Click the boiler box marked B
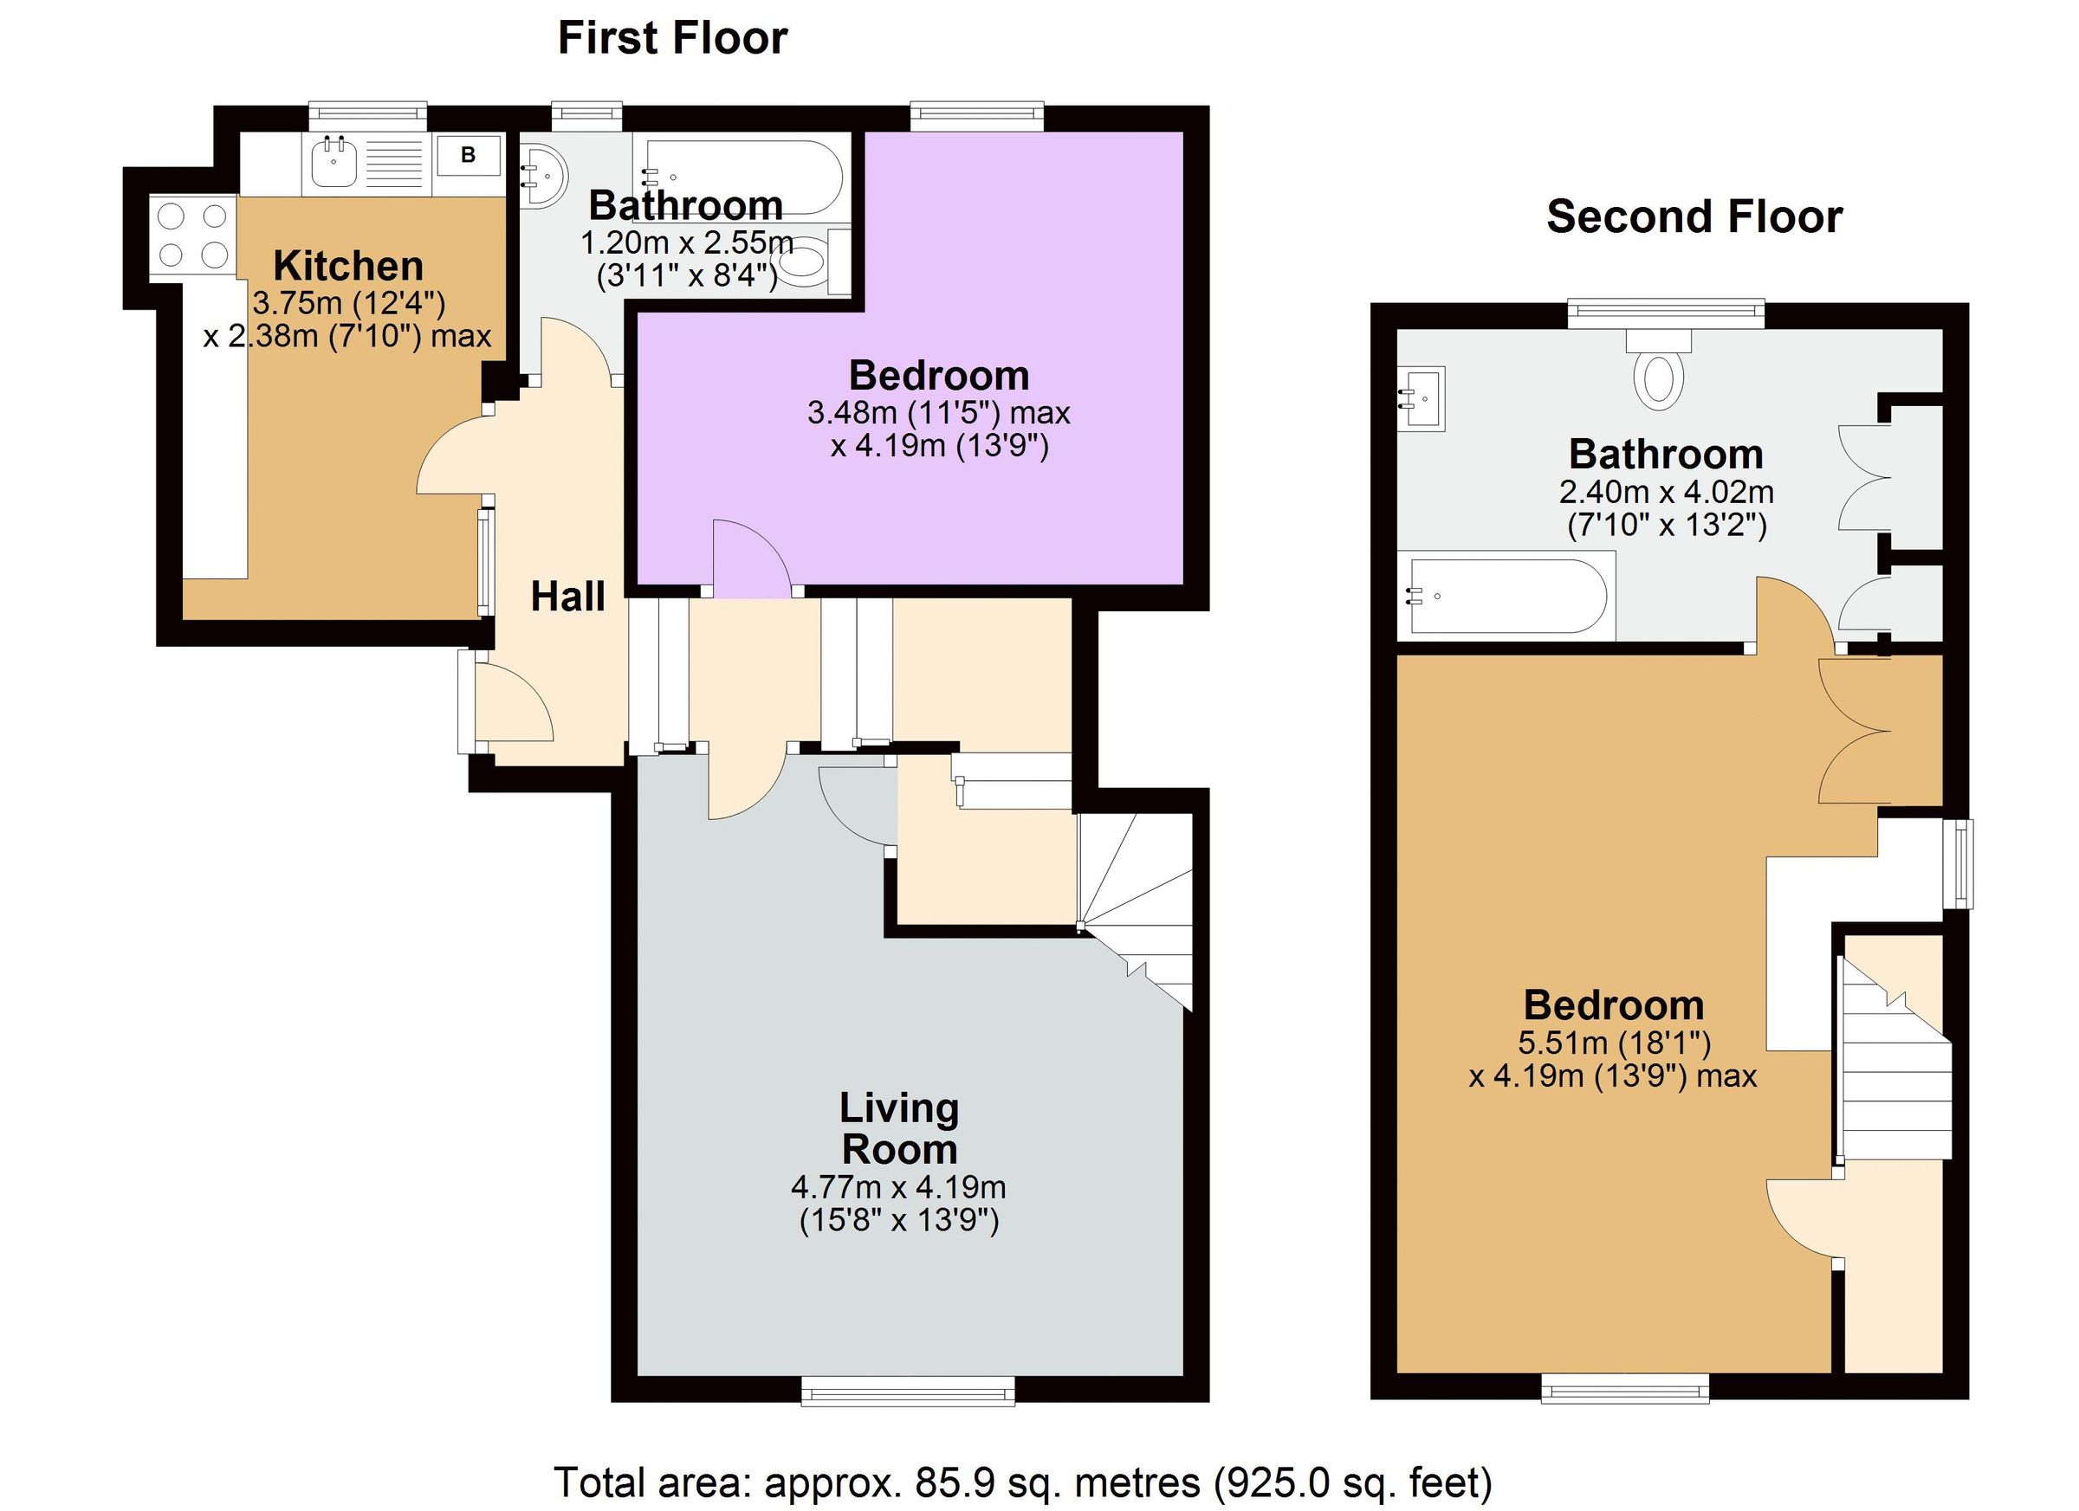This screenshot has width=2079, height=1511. click(468, 155)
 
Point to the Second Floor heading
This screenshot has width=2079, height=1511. click(1694, 217)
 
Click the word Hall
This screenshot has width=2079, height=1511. click(567, 597)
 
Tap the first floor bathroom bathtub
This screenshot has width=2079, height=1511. click(742, 176)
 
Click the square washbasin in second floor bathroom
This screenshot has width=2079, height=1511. click(1422, 398)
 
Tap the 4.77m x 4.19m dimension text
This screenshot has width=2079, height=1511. click(898, 1187)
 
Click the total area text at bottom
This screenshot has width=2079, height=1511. click(1023, 1482)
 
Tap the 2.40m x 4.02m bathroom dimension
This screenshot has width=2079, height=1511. click(1667, 493)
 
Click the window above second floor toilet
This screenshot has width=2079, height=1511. click(1667, 313)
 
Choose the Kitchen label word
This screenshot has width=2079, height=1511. click(348, 267)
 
